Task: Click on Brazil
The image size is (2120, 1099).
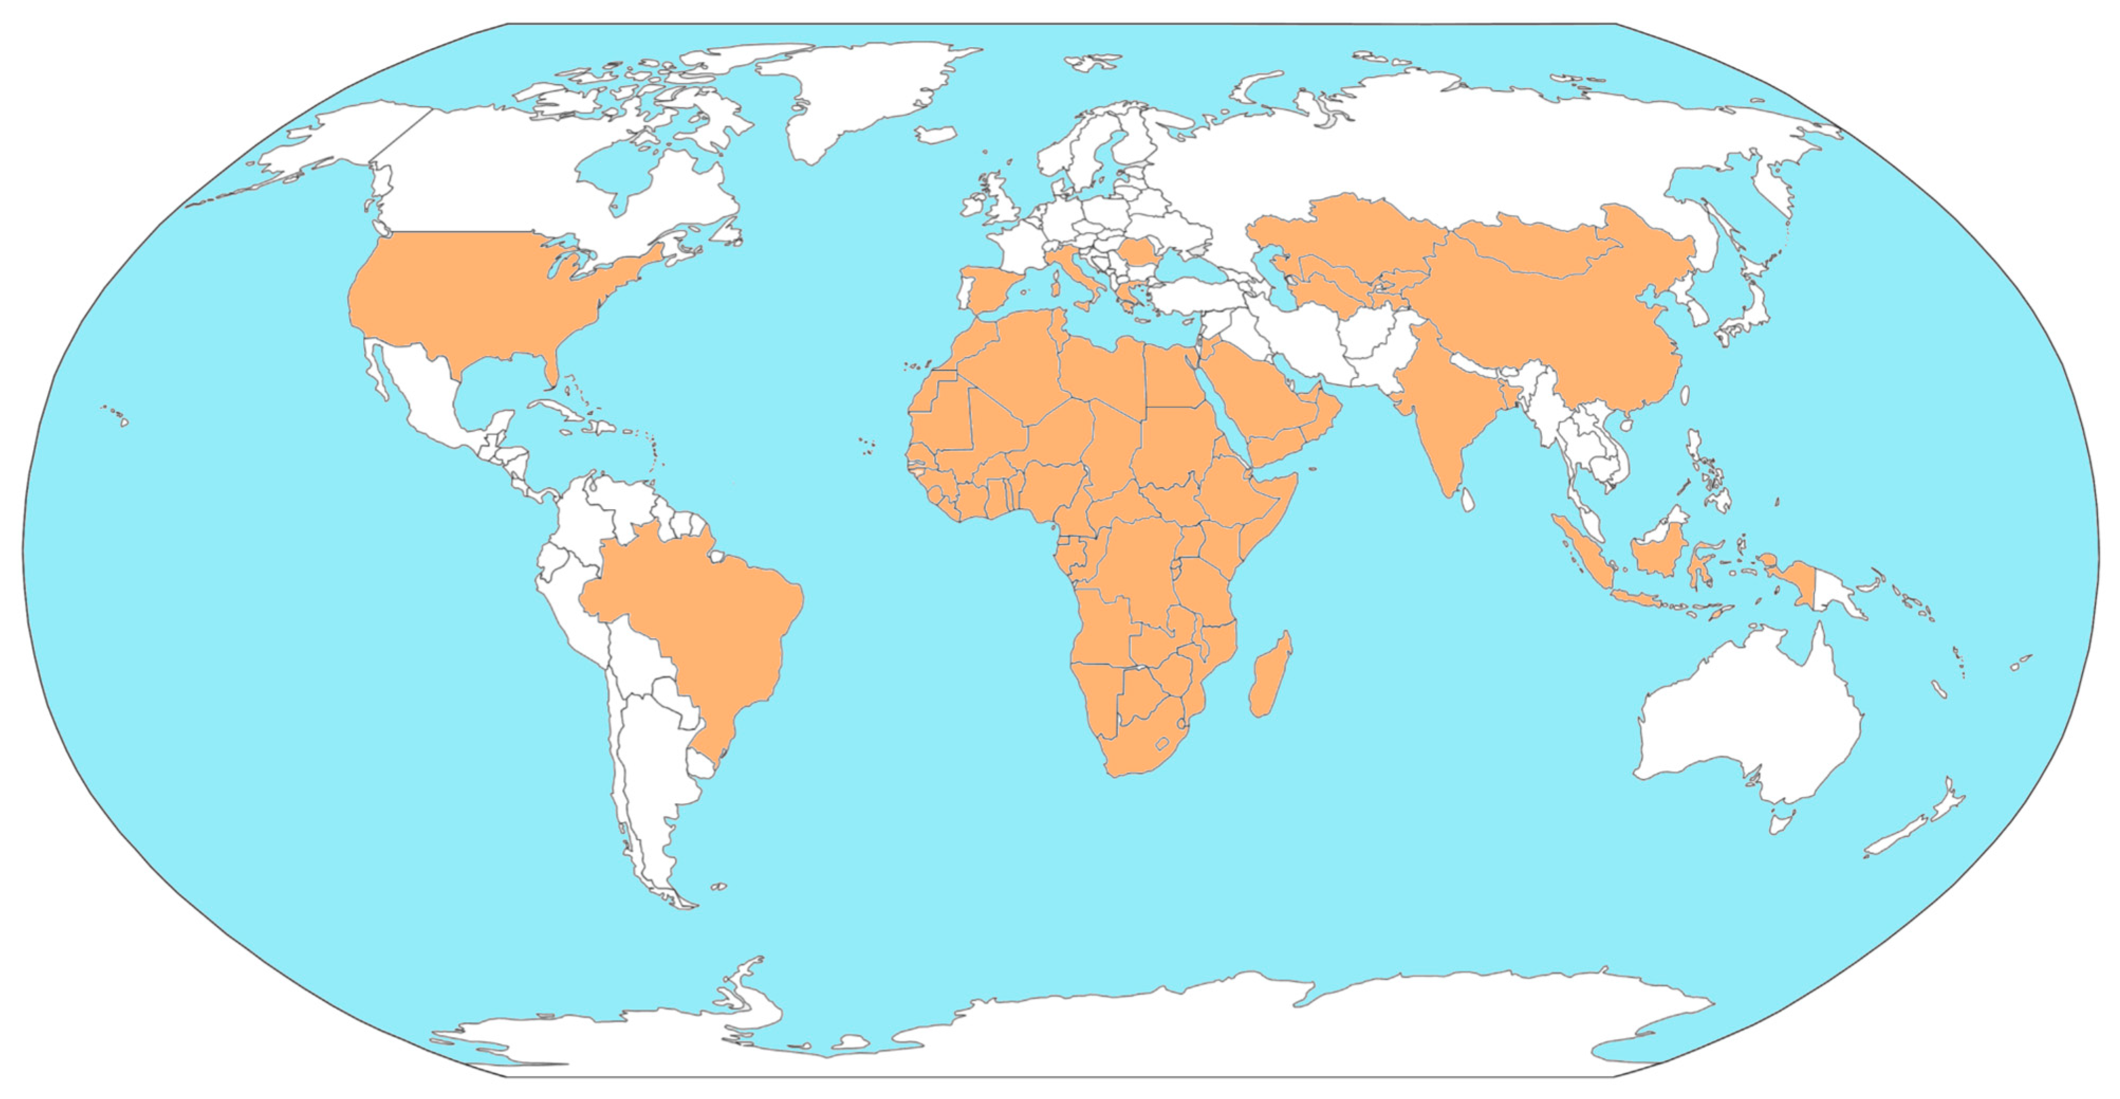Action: [700, 625]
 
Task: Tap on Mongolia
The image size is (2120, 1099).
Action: [1531, 247]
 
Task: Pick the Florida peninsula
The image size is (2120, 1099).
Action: [553, 370]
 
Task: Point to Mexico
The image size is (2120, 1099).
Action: [428, 403]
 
